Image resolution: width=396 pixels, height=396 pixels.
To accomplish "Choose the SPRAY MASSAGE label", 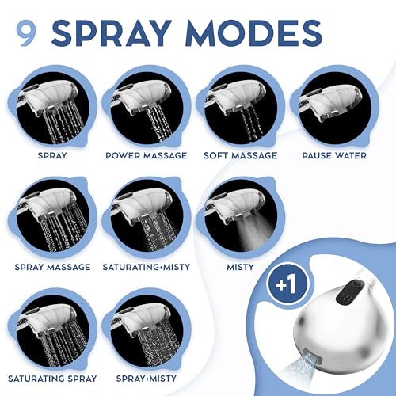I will (52, 267).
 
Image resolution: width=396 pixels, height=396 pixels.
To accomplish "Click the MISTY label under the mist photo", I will (240, 267).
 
